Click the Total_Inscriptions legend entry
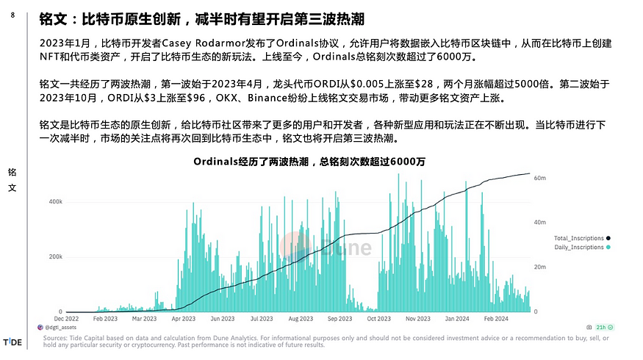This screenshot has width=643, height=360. pyautogui.click(x=579, y=238)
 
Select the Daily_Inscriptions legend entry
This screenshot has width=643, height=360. pyautogui.click(x=579, y=247)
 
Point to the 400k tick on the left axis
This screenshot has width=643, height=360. pyautogui.click(x=54, y=201)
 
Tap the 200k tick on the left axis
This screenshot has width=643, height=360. pyautogui.click(x=54, y=256)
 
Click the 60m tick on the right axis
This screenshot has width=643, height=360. pyautogui.click(x=539, y=178)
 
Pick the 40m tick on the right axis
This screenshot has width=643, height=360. pyautogui.click(x=539, y=223)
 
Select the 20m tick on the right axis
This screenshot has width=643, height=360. pyautogui.click(x=539, y=267)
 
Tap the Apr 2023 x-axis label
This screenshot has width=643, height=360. pyautogui.click(x=183, y=319)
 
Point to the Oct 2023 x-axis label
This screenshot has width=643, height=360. pyautogui.click(x=378, y=319)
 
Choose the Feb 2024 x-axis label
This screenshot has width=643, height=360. pyautogui.click(x=496, y=319)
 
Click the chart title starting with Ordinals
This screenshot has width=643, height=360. pyautogui.click(x=309, y=162)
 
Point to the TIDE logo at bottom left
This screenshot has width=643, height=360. pyautogui.click(x=13, y=342)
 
